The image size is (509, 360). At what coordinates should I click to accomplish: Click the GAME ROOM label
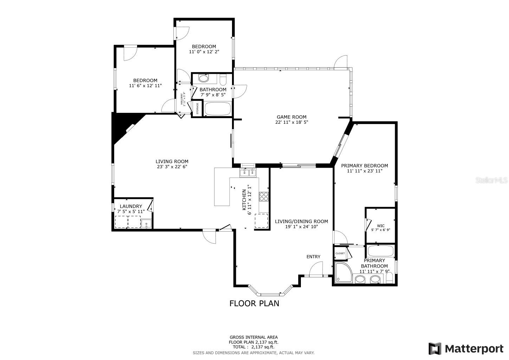(x=291, y=117)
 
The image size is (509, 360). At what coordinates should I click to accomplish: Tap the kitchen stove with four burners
(x=264, y=197)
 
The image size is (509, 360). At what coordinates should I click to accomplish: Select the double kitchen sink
(x=248, y=173)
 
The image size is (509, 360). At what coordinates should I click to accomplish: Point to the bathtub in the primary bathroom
(x=380, y=251)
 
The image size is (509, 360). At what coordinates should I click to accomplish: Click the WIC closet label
(x=380, y=226)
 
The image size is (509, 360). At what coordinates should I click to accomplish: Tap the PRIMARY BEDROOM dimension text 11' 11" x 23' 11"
(x=365, y=171)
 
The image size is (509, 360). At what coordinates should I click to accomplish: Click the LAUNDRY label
(x=131, y=206)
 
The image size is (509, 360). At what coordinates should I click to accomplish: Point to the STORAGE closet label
(x=197, y=109)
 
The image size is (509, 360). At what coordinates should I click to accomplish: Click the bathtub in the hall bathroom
(x=218, y=109)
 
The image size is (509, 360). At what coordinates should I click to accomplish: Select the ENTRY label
(x=313, y=257)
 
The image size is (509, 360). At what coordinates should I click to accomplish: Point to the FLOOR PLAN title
(x=254, y=303)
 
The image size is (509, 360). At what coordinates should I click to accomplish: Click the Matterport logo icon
(x=435, y=348)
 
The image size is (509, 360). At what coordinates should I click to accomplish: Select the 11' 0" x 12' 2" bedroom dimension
(x=204, y=52)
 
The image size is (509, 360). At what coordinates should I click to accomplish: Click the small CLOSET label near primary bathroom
(x=340, y=253)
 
